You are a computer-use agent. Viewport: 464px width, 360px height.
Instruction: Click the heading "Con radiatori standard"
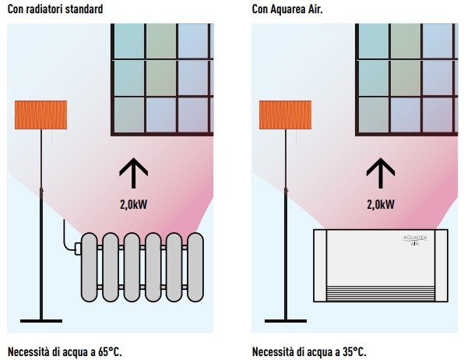pos(55,9)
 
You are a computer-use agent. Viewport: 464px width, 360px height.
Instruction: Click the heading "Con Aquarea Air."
pos(287,9)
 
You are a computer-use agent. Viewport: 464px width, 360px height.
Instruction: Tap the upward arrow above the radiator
pos(133,173)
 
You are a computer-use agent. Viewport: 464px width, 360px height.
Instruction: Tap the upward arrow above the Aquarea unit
pos(381,173)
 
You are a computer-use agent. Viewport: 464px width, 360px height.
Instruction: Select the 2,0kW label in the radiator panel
pos(133,204)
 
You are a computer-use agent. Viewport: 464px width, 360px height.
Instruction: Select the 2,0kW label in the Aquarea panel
pos(381,204)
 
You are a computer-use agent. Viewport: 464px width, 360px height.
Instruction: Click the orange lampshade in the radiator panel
pos(40,115)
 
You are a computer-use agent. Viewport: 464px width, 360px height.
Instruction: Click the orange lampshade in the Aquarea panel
pos(285,115)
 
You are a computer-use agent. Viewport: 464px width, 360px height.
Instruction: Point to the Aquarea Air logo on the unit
pos(415,240)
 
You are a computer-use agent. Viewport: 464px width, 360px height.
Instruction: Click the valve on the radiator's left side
pos(79,249)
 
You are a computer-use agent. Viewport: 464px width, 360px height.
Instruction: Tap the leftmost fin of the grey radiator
pos(89,267)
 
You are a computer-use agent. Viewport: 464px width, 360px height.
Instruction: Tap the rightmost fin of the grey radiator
pos(195,267)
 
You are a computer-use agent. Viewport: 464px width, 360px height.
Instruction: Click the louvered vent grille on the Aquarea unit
pos(381,293)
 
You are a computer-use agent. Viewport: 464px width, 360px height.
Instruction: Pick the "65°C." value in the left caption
pos(110,352)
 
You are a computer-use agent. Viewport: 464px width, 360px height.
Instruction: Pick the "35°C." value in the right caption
pos(354,352)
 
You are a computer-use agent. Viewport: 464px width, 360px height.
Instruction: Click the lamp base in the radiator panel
pos(41,321)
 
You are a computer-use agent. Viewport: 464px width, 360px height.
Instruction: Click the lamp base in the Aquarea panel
pos(286,321)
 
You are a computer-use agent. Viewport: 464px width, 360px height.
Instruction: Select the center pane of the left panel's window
pos(161,78)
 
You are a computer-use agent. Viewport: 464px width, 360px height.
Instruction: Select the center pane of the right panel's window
pos(406,78)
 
